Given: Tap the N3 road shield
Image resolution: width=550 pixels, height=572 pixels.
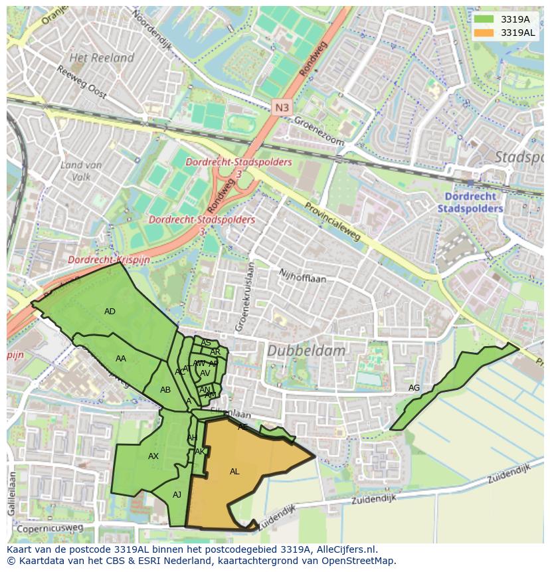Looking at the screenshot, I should [x=282, y=106].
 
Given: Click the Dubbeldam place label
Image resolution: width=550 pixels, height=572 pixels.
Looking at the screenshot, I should [x=306, y=350].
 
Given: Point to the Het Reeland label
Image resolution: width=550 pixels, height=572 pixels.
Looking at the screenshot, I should [x=102, y=58].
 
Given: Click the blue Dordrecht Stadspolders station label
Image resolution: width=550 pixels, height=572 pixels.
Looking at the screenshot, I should [x=470, y=202].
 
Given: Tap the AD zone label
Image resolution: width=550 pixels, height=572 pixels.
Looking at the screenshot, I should [x=110, y=311].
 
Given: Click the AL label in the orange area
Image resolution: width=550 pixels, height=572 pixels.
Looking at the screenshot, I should [x=234, y=471].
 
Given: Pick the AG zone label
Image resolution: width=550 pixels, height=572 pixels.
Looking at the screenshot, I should [x=414, y=388].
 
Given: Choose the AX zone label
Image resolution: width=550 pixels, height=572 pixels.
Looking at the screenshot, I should [x=153, y=456].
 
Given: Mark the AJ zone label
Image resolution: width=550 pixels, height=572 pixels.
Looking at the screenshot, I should [x=177, y=494].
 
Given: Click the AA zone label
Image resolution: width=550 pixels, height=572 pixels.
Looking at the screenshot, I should [x=120, y=359].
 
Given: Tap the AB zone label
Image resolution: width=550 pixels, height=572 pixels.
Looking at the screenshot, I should [x=165, y=389].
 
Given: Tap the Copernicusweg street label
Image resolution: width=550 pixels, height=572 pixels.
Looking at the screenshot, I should [x=50, y=528].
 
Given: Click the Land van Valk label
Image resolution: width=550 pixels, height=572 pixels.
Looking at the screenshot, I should [x=80, y=171].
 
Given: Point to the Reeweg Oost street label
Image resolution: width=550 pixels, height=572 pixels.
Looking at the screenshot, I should [x=81, y=82].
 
